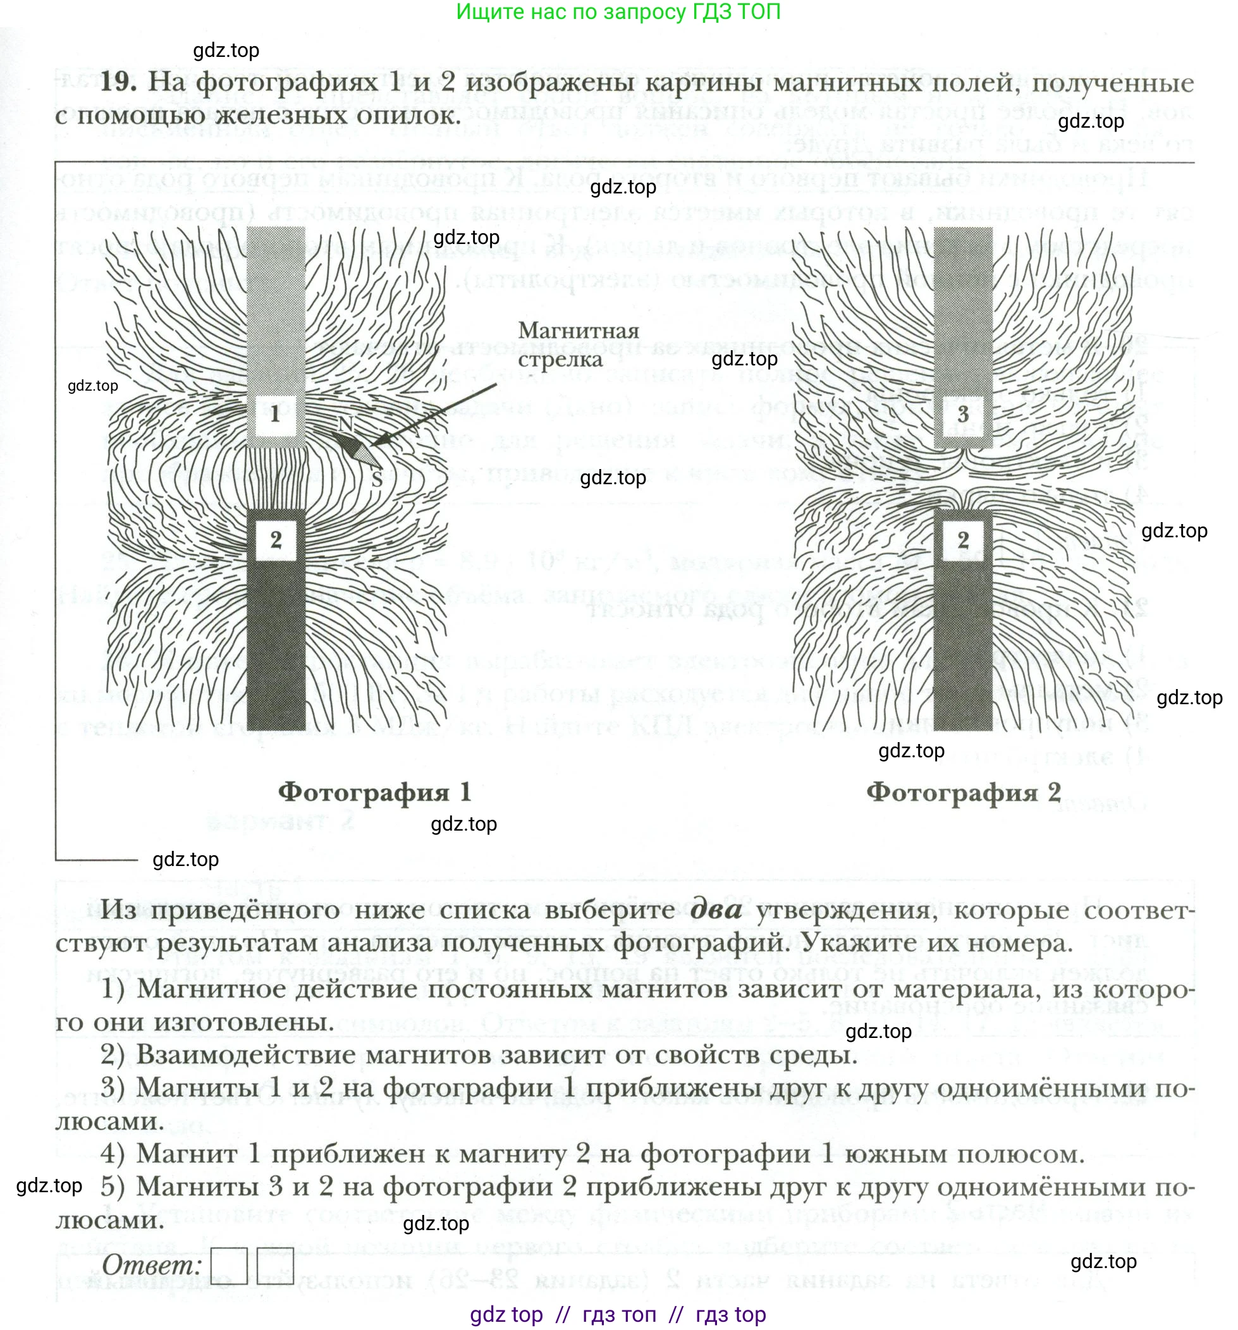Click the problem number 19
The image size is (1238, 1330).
click(118, 82)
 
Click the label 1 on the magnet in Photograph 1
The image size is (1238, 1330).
click(276, 414)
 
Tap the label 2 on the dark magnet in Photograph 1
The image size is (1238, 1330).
click(276, 539)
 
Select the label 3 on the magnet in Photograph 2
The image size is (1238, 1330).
click(962, 414)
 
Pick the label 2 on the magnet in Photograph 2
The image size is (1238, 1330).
click(962, 539)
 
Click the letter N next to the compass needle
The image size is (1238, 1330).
click(345, 424)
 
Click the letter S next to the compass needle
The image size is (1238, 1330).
click(377, 479)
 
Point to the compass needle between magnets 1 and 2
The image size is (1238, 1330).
click(358, 449)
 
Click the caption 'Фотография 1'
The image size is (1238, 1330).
click(375, 792)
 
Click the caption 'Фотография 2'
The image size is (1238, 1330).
click(963, 792)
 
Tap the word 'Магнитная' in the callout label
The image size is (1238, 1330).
click(578, 331)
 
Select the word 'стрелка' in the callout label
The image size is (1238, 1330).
click(560, 359)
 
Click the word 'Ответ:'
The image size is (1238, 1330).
click(152, 1264)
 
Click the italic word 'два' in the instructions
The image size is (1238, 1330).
click(715, 909)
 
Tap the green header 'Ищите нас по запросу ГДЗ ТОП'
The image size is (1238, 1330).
click(618, 12)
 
